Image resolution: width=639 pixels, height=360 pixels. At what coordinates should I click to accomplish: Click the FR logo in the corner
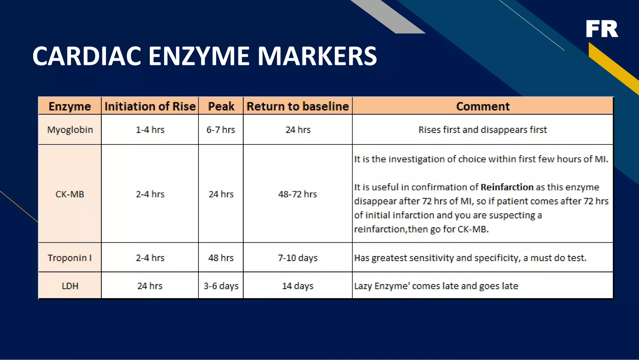(602, 29)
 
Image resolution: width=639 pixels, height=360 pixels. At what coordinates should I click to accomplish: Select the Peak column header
(221, 106)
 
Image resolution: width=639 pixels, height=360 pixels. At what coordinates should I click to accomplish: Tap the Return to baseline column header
(298, 106)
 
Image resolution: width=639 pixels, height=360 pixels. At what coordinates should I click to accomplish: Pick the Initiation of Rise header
(150, 106)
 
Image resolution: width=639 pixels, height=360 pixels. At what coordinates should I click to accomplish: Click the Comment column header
(483, 106)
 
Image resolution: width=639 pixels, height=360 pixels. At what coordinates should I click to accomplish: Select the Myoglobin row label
(70, 130)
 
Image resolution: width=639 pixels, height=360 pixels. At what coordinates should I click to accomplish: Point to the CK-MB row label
(70, 194)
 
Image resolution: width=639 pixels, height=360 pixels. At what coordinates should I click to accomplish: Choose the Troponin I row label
(70, 258)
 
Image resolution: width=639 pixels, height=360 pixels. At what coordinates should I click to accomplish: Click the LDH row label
(70, 286)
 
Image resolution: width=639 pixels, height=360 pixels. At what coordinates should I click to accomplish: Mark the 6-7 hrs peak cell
(221, 130)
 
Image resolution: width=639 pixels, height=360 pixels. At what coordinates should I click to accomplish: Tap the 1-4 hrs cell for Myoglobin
(150, 130)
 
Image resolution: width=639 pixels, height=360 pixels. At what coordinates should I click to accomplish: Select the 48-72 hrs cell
(298, 194)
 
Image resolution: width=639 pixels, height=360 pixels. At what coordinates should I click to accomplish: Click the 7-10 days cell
(298, 258)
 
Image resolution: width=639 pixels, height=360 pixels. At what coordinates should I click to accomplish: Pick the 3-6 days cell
(221, 286)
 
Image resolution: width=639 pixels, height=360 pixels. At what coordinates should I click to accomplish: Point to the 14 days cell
(298, 286)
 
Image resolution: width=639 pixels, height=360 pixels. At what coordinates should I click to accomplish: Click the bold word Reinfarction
(507, 187)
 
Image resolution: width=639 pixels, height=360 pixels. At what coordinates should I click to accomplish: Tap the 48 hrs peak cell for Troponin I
(221, 258)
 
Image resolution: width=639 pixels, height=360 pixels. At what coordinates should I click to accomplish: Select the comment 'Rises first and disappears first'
(483, 130)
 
